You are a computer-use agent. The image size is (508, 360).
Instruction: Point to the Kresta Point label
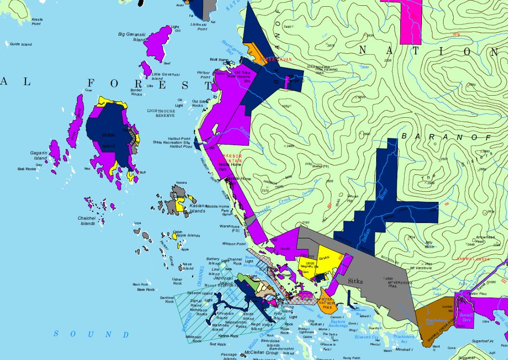37,22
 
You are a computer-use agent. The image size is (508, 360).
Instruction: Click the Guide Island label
21,45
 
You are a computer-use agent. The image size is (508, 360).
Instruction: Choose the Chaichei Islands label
87,221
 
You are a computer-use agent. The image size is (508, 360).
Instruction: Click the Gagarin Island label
39,155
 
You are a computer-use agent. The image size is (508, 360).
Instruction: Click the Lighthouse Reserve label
161,113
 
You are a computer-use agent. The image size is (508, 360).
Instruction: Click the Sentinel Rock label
166,299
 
